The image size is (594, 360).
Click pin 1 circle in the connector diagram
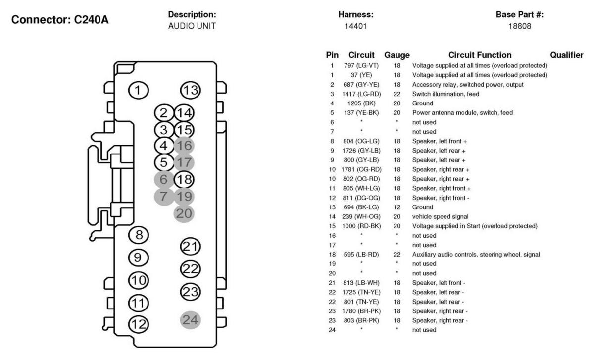pos(138,90)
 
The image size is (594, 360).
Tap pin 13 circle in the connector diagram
pos(191,90)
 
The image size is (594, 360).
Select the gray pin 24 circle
pos(191,320)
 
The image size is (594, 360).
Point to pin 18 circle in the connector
pos(185,179)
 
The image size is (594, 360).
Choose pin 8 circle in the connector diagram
pos(139,235)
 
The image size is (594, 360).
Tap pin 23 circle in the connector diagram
pos(191,292)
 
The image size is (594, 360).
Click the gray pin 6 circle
pos(164,179)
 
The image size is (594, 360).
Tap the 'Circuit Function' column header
pos(480,55)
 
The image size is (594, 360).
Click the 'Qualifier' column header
pos(566,55)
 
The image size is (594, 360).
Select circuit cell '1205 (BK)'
pos(364,103)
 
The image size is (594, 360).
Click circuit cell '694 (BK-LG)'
pos(364,207)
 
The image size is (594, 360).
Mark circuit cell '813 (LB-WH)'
pos(364,282)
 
